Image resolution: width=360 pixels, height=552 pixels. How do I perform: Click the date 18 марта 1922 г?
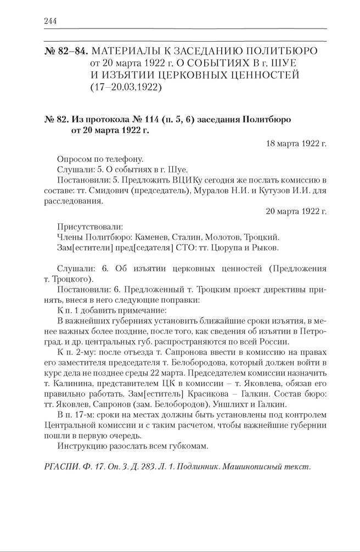click(296, 143)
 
